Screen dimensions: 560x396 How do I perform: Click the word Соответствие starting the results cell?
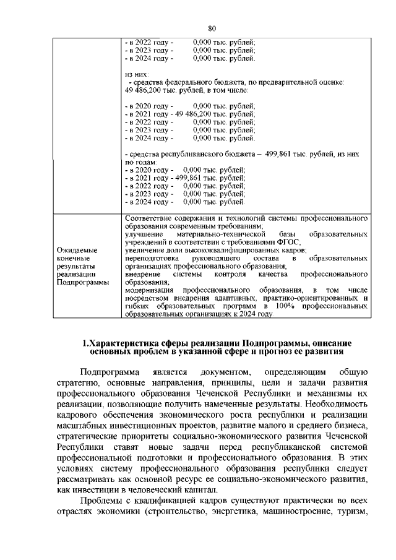(x=148, y=218)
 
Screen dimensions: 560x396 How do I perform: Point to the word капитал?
(x=209, y=488)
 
